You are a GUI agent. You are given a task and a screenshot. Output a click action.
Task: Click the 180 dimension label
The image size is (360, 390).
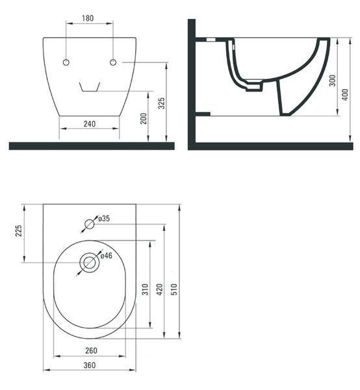coord(88,18)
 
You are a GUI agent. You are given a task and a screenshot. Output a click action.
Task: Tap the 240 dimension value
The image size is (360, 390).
coord(90,124)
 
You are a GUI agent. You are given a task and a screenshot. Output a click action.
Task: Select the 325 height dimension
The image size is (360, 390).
coord(162,103)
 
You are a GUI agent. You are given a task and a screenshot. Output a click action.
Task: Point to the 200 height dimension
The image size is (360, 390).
coord(144,118)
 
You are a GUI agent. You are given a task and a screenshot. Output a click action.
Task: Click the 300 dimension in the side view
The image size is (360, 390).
coord(333,81)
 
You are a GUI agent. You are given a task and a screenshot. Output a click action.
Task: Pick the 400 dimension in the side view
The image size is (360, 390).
coord(346,94)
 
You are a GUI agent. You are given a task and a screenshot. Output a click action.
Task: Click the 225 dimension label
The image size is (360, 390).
coord(19,231)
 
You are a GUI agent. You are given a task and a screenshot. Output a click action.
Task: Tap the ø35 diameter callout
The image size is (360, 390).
coord(104,218)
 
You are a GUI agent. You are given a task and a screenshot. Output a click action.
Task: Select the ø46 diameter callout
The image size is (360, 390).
coord(107,255)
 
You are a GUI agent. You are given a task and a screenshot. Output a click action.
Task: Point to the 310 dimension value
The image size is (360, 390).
coord(145,289)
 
